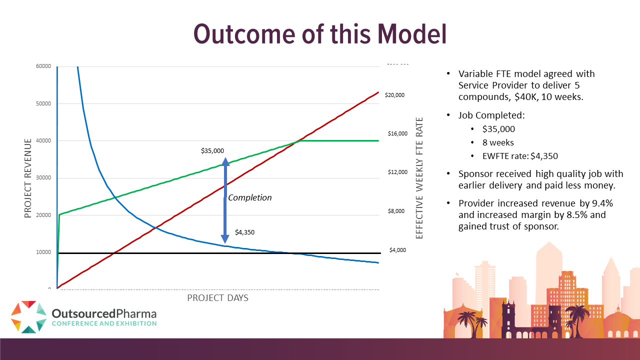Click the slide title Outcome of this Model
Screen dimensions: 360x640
point(319,33)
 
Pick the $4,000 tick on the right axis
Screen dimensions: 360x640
point(397,250)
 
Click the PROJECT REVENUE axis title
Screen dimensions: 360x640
point(28,178)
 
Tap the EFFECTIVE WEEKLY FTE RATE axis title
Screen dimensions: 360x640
point(419,178)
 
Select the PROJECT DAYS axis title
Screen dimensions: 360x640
point(217,297)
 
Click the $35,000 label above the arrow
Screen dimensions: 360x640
point(212,150)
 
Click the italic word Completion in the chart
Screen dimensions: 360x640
point(250,197)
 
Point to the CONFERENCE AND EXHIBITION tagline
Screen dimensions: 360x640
point(104,323)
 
